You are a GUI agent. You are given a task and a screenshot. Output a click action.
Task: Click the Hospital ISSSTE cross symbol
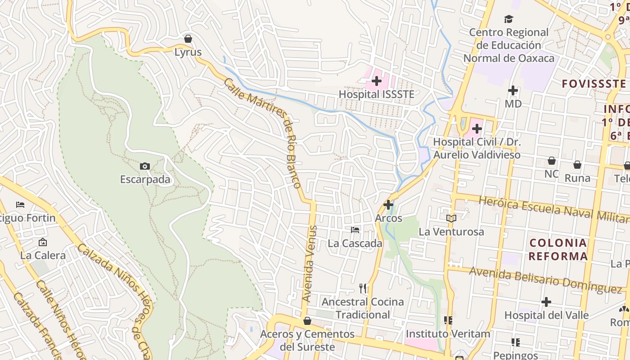pos(377,81)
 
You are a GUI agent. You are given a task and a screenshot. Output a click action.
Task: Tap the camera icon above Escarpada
pos(145,166)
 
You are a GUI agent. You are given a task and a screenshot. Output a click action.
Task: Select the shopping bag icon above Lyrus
pos(188,39)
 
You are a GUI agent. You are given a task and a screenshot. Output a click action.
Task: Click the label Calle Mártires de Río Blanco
pos(262,133)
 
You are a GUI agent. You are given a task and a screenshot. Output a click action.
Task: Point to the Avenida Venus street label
pos(310,264)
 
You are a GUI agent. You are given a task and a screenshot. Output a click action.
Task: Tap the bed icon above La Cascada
pos(355,230)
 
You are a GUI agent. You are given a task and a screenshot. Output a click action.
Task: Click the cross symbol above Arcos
pos(388,205)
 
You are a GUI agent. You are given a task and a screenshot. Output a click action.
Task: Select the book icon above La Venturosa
pos(451,218)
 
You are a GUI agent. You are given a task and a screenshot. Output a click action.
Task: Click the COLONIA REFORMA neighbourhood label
pos(558,249)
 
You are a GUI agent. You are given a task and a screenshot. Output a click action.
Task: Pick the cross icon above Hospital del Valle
pos(546,301)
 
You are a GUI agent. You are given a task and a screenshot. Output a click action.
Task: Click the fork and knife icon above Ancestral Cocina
pos(363,288)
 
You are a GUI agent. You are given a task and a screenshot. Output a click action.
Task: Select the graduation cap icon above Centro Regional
pos(508,19)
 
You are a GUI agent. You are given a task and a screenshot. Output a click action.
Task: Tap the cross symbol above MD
pos(513,90)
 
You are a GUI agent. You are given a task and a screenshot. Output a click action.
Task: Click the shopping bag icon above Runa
pos(577,165)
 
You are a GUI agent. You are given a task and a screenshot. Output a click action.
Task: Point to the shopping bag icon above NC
pos(551,161)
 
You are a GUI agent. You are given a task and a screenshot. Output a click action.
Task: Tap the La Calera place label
pos(43,255)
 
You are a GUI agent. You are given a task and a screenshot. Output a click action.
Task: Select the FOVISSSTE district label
pos(594,84)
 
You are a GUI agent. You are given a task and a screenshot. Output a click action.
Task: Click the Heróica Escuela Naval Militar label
pos(553,209)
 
